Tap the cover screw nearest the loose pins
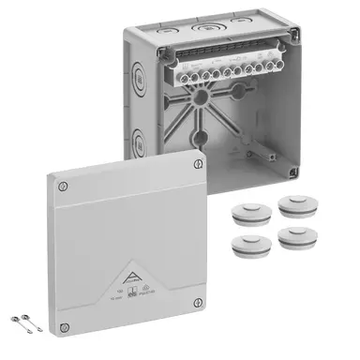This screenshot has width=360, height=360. pos(63,327)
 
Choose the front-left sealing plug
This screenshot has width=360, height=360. pos(246,245)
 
